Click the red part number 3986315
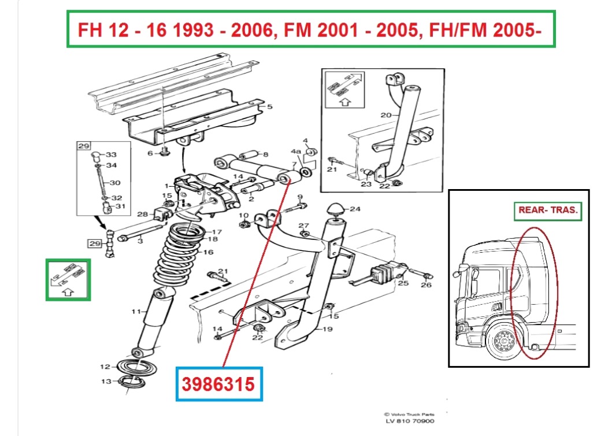click(x=218, y=384)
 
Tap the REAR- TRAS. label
click(x=548, y=210)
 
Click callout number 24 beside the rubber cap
click(x=355, y=209)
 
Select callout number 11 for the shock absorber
click(x=136, y=311)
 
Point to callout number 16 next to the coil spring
click(x=209, y=252)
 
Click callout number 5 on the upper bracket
click(x=270, y=106)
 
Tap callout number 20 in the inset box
click(x=386, y=115)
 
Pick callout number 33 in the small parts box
click(x=111, y=155)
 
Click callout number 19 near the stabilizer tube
click(x=327, y=329)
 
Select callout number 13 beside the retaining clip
click(x=106, y=381)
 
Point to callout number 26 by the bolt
click(x=426, y=285)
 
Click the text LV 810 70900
click(x=409, y=421)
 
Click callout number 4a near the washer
click(x=296, y=151)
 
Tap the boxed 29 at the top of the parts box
click(x=84, y=146)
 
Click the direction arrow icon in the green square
click(x=68, y=280)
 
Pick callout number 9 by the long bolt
click(x=300, y=197)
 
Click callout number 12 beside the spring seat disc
click(x=105, y=367)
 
